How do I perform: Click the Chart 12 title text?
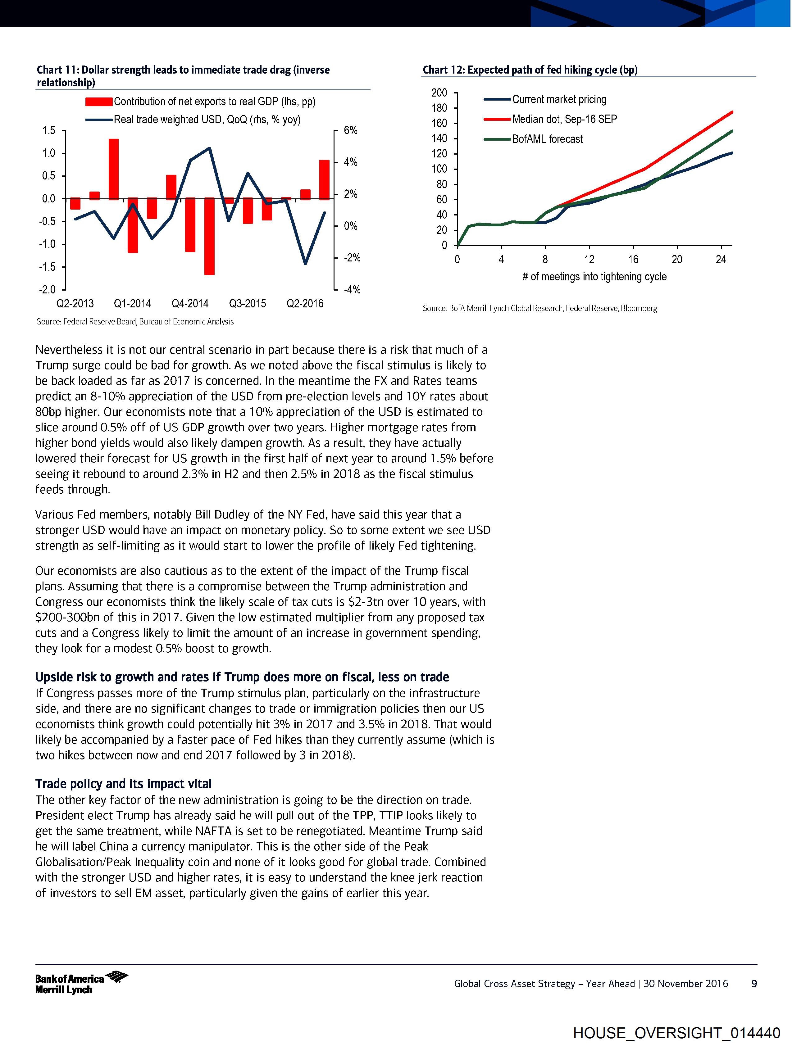click(x=530, y=70)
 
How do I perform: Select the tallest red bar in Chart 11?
click(x=114, y=169)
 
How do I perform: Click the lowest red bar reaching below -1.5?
click(x=209, y=237)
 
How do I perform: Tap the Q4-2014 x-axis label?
click(x=190, y=304)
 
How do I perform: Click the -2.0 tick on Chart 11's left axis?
click(x=47, y=289)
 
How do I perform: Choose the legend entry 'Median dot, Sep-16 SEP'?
click(x=564, y=119)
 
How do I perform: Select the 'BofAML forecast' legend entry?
click(x=547, y=139)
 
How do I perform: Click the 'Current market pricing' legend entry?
click(x=559, y=99)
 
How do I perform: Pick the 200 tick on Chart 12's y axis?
click(x=439, y=93)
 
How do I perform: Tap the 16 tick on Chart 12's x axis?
click(x=633, y=259)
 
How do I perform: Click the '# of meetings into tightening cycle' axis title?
click(x=594, y=277)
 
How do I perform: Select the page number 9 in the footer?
click(x=754, y=984)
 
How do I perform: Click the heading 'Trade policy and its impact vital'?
click(x=124, y=784)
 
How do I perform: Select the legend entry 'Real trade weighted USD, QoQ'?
click(x=207, y=120)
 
